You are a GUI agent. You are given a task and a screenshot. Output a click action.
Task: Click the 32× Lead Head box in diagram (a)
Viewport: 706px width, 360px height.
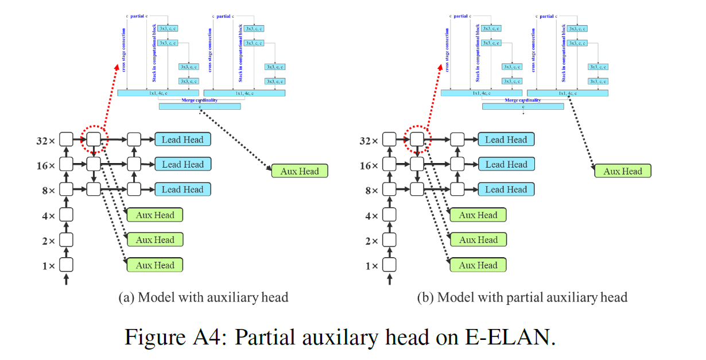coord(183,140)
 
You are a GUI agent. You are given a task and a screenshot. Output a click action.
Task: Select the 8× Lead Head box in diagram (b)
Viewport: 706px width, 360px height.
coord(506,189)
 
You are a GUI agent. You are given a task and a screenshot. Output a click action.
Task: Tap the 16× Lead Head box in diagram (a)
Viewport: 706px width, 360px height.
coord(183,164)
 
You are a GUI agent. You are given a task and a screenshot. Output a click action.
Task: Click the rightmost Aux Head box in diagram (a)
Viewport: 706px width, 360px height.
coord(299,171)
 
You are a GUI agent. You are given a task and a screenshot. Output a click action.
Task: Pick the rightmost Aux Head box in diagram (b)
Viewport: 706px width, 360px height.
coord(622,171)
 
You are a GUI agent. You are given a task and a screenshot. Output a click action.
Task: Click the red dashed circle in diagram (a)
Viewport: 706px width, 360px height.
coord(93,139)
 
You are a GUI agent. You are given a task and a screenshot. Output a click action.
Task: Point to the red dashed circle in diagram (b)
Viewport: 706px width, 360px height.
coord(417,139)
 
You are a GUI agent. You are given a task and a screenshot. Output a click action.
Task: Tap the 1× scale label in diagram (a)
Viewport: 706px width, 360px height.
coord(48,266)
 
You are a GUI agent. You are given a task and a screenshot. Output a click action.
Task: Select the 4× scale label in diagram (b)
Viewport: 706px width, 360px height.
coord(371,216)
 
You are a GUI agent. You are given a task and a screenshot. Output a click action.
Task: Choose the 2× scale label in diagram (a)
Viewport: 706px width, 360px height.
coord(48,241)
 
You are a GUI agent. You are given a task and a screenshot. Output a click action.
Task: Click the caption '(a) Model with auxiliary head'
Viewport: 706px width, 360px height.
coord(203,297)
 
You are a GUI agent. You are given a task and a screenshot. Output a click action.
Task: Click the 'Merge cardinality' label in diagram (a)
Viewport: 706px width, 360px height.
coord(199,100)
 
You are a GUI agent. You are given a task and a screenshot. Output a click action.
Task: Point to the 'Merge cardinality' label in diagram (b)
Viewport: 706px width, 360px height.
coord(522,100)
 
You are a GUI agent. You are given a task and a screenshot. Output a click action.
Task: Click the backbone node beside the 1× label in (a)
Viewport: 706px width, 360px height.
coord(66,265)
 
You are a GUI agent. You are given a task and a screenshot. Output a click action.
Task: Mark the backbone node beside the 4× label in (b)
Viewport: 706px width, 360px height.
coord(390,215)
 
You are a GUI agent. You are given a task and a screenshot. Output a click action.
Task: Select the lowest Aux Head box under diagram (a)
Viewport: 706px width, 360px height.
coord(155,265)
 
